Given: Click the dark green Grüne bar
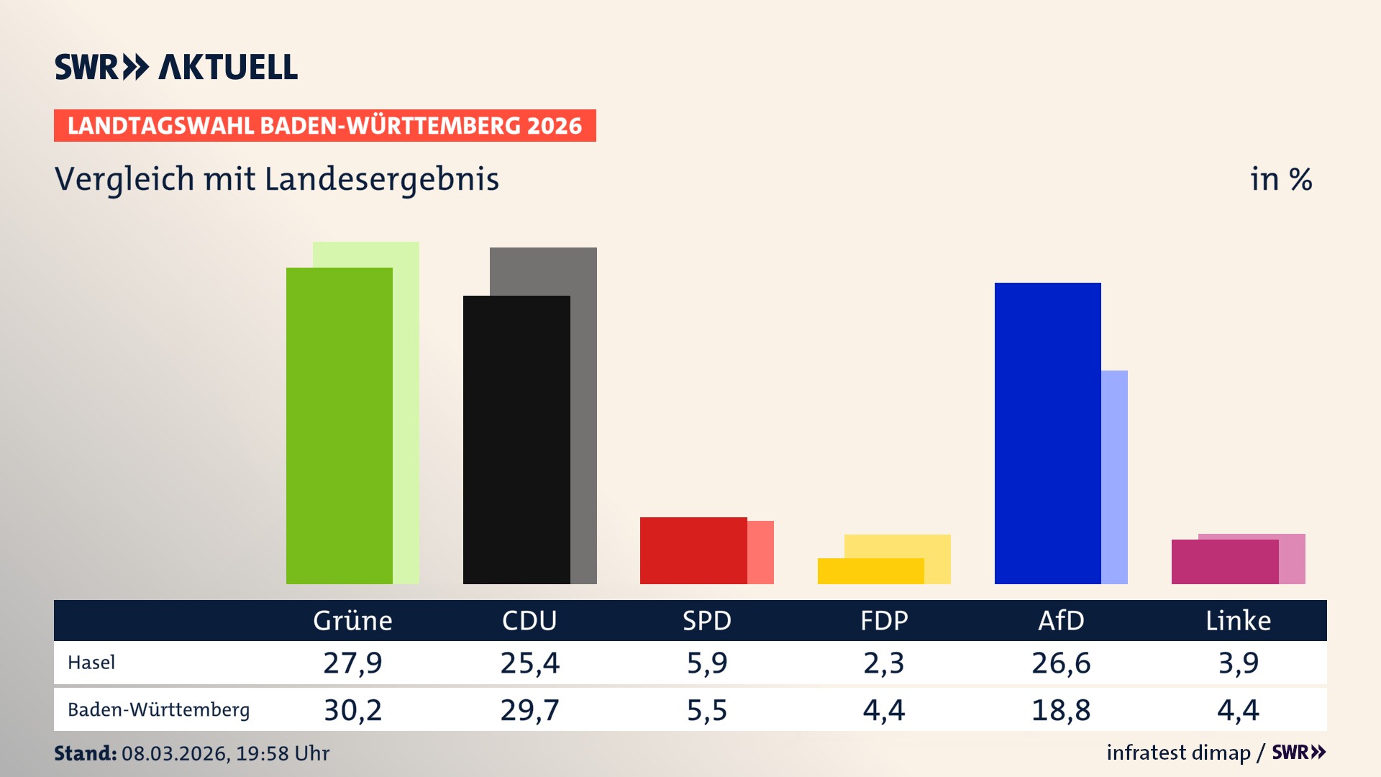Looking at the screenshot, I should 339,426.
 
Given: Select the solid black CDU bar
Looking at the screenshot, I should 516,440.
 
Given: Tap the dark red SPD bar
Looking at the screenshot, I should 693,550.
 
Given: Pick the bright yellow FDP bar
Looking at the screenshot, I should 870,571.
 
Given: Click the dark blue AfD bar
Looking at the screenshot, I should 1047,433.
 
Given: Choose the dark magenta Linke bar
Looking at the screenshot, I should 1224,562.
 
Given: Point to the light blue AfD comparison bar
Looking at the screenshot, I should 1115,477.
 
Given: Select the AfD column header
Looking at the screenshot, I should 1061,620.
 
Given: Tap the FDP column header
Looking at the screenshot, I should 884,620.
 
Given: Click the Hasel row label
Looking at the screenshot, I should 91,663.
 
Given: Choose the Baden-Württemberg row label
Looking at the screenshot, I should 159,710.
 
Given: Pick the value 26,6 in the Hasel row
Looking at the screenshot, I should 1061,663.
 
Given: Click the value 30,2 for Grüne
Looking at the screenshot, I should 352,710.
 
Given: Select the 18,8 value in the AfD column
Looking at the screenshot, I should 1061,710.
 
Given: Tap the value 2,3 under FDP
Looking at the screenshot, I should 884,663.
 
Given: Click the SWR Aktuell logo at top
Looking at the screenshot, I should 176,67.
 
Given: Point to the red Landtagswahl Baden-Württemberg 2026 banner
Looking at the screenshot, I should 324,126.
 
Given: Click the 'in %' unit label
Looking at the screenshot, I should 1280,179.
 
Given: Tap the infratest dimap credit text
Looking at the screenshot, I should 1178,753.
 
